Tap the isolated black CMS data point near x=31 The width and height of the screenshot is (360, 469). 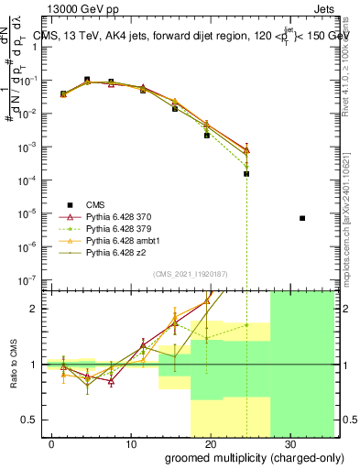click(302, 218)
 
